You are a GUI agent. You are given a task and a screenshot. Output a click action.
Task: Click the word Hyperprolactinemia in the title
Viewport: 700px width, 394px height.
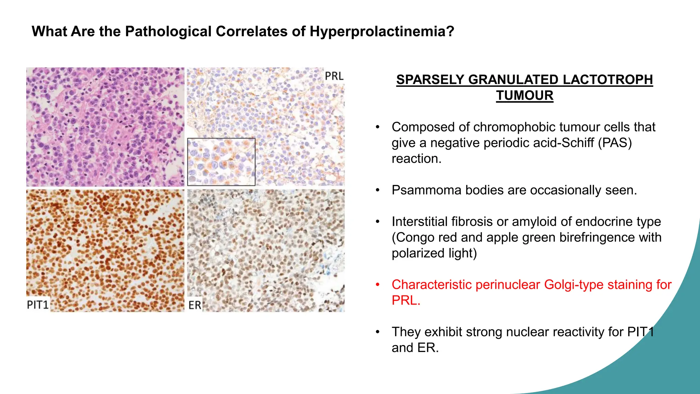(382, 31)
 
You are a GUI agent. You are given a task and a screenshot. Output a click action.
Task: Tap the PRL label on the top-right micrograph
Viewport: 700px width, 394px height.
(334, 76)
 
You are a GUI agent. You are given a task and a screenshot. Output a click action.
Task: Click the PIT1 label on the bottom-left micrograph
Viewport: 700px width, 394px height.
(38, 304)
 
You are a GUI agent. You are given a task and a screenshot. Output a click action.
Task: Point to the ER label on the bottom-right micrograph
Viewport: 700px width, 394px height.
(195, 305)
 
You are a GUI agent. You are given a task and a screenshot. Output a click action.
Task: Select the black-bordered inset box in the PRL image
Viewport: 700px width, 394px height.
(221, 162)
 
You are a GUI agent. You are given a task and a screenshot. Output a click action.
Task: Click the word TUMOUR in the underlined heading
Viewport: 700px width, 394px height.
(525, 95)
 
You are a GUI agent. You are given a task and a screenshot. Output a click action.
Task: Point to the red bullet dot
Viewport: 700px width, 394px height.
(378, 285)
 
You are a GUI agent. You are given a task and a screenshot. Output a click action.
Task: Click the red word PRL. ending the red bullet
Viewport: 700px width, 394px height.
(406, 300)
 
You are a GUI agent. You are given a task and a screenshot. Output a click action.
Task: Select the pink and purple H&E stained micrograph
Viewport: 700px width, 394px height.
(105, 127)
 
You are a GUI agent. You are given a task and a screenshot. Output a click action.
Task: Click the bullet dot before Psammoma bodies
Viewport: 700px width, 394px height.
(378, 190)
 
